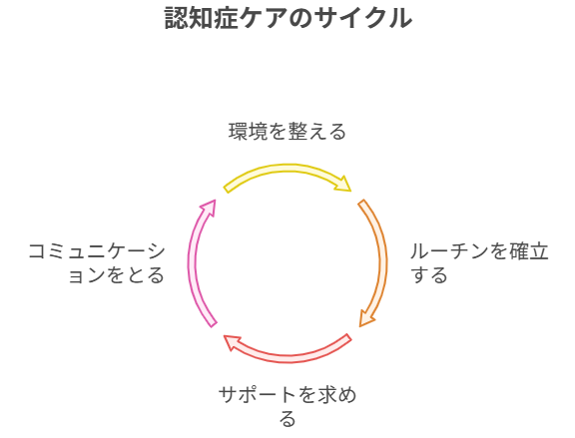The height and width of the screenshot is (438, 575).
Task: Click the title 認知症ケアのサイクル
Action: [288, 18]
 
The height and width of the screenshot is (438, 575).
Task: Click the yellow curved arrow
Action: [287, 169]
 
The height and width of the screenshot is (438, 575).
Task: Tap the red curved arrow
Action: [287, 358]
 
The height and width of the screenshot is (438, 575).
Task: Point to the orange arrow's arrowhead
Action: [366, 318]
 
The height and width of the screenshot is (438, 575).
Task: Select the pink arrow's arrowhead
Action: [209, 208]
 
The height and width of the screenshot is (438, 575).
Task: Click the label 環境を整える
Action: [287, 132]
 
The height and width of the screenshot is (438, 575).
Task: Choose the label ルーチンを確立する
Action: [479, 262]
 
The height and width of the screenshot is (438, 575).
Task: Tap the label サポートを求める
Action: [287, 406]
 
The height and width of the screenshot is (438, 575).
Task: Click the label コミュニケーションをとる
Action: [97, 262]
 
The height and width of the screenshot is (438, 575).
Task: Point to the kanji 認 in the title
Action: [177, 18]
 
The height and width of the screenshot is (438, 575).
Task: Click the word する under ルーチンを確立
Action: [429, 274]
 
